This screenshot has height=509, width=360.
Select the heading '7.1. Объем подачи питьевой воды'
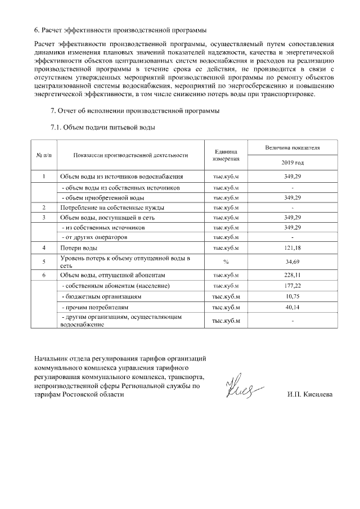pyautogui.click(x=102, y=127)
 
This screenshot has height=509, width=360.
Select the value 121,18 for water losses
pyautogui.click(x=292, y=248)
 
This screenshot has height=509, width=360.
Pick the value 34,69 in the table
pyautogui.click(x=292, y=262)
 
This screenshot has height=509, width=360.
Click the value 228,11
pyautogui.click(x=292, y=275)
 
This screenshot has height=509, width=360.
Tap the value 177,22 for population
pyautogui.click(x=292, y=286)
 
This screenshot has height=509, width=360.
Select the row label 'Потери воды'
pyautogui.click(x=79, y=248)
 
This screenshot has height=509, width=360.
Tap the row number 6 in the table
pyautogui.click(x=44, y=275)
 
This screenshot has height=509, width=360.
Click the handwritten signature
pyautogui.click(x=240, y=386)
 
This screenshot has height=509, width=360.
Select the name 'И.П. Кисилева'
pyautogui.click(x=309, y=394)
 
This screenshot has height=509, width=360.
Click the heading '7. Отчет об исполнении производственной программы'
pyautogui.click(x=135, y=111)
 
